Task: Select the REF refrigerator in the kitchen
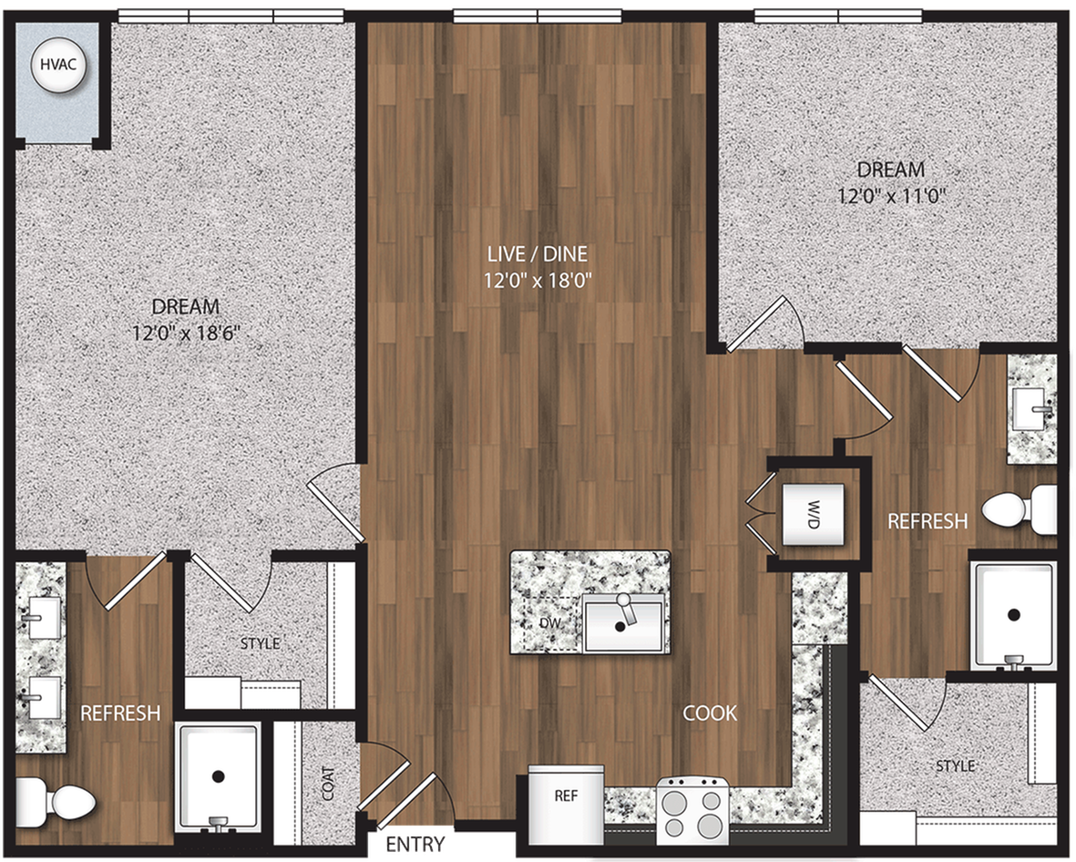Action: tap(566, 795)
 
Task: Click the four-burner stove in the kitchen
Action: tap(692, 809)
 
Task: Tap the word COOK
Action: tap(710, 713)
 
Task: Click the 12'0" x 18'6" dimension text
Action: tap(185, 333)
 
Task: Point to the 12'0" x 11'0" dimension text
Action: tap(890, 194)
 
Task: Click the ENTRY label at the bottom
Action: tap(415, 843)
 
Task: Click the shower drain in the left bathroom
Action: tap(218, 776)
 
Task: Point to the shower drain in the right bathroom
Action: tap(1014, 614)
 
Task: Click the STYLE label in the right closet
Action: tap(955, 765)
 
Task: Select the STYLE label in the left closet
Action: tap(260, 643)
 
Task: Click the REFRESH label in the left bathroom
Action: tap(120, 713)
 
